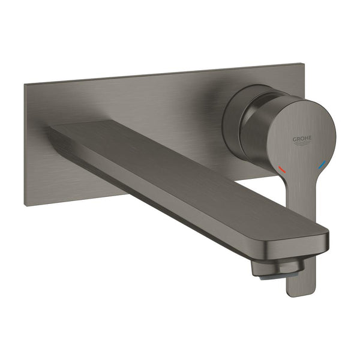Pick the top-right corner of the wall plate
(298, 64)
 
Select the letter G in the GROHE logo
(295, 139)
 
